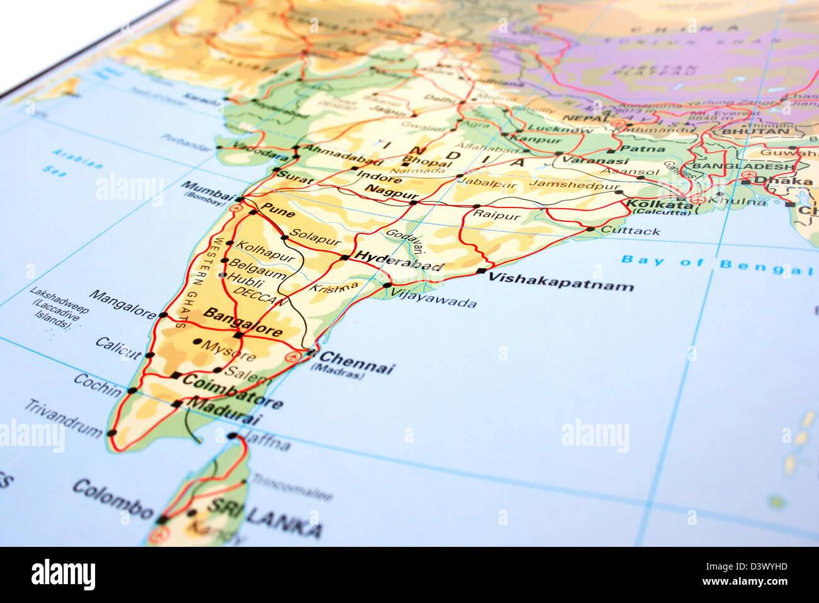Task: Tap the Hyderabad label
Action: (x=398, y=261)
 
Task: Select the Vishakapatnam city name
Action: (x=561, y=281)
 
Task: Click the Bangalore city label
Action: (x=243, y=322)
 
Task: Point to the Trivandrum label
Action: (x=63, y=418)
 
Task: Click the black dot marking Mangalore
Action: (x=163, y=315)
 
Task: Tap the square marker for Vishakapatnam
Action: (x=481, y=271)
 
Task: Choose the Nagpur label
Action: (x=391, y=192)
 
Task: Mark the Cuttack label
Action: (x=630, y=231)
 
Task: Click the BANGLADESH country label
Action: (x=743, y=167)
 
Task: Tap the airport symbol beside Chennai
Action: (x=292, y=357)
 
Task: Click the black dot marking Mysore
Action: (x=197, y=342)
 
